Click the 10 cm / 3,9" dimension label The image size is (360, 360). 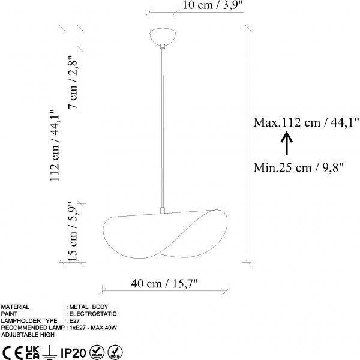212,5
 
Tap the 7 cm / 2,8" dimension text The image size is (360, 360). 74,83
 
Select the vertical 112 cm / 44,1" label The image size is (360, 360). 55,145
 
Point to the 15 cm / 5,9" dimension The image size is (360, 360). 73,232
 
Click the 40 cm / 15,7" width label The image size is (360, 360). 164,283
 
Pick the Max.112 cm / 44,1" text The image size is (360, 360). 306,122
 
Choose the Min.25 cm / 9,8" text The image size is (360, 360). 299,167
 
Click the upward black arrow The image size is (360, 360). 287,143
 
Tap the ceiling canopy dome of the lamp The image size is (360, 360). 163,37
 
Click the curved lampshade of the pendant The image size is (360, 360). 165,234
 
